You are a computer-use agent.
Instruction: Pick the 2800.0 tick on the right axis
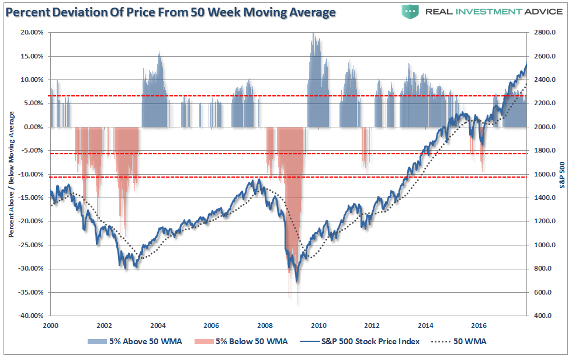(542, 33)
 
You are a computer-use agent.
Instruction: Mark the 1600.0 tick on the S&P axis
(542, 174)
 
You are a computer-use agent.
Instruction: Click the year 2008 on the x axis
(265, 325)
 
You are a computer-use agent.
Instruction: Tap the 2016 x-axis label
(479, 325)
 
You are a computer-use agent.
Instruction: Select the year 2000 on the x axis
(50, 325)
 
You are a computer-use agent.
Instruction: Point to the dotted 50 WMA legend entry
(461, 341)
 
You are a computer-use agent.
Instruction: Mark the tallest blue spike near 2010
(314, 35)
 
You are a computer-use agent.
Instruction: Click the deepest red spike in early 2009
(297, 303)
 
